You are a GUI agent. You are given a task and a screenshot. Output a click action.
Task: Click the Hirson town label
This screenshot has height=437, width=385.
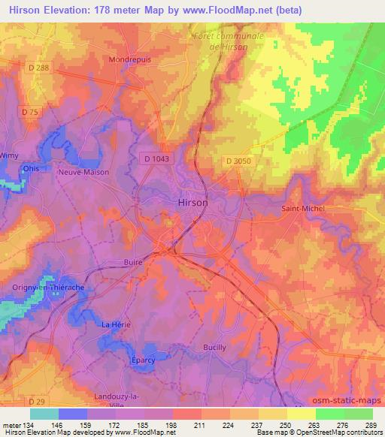[192, 202]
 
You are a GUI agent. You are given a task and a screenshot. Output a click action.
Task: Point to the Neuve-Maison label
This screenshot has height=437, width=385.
[83, 172]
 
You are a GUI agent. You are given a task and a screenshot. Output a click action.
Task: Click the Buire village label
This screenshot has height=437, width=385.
[111, 263]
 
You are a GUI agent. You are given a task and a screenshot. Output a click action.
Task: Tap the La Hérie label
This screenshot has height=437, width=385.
[116, 324]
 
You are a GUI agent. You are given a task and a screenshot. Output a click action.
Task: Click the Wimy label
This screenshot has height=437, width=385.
[8, 155]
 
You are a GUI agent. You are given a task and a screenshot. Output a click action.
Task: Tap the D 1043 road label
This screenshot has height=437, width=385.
[153, 157]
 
